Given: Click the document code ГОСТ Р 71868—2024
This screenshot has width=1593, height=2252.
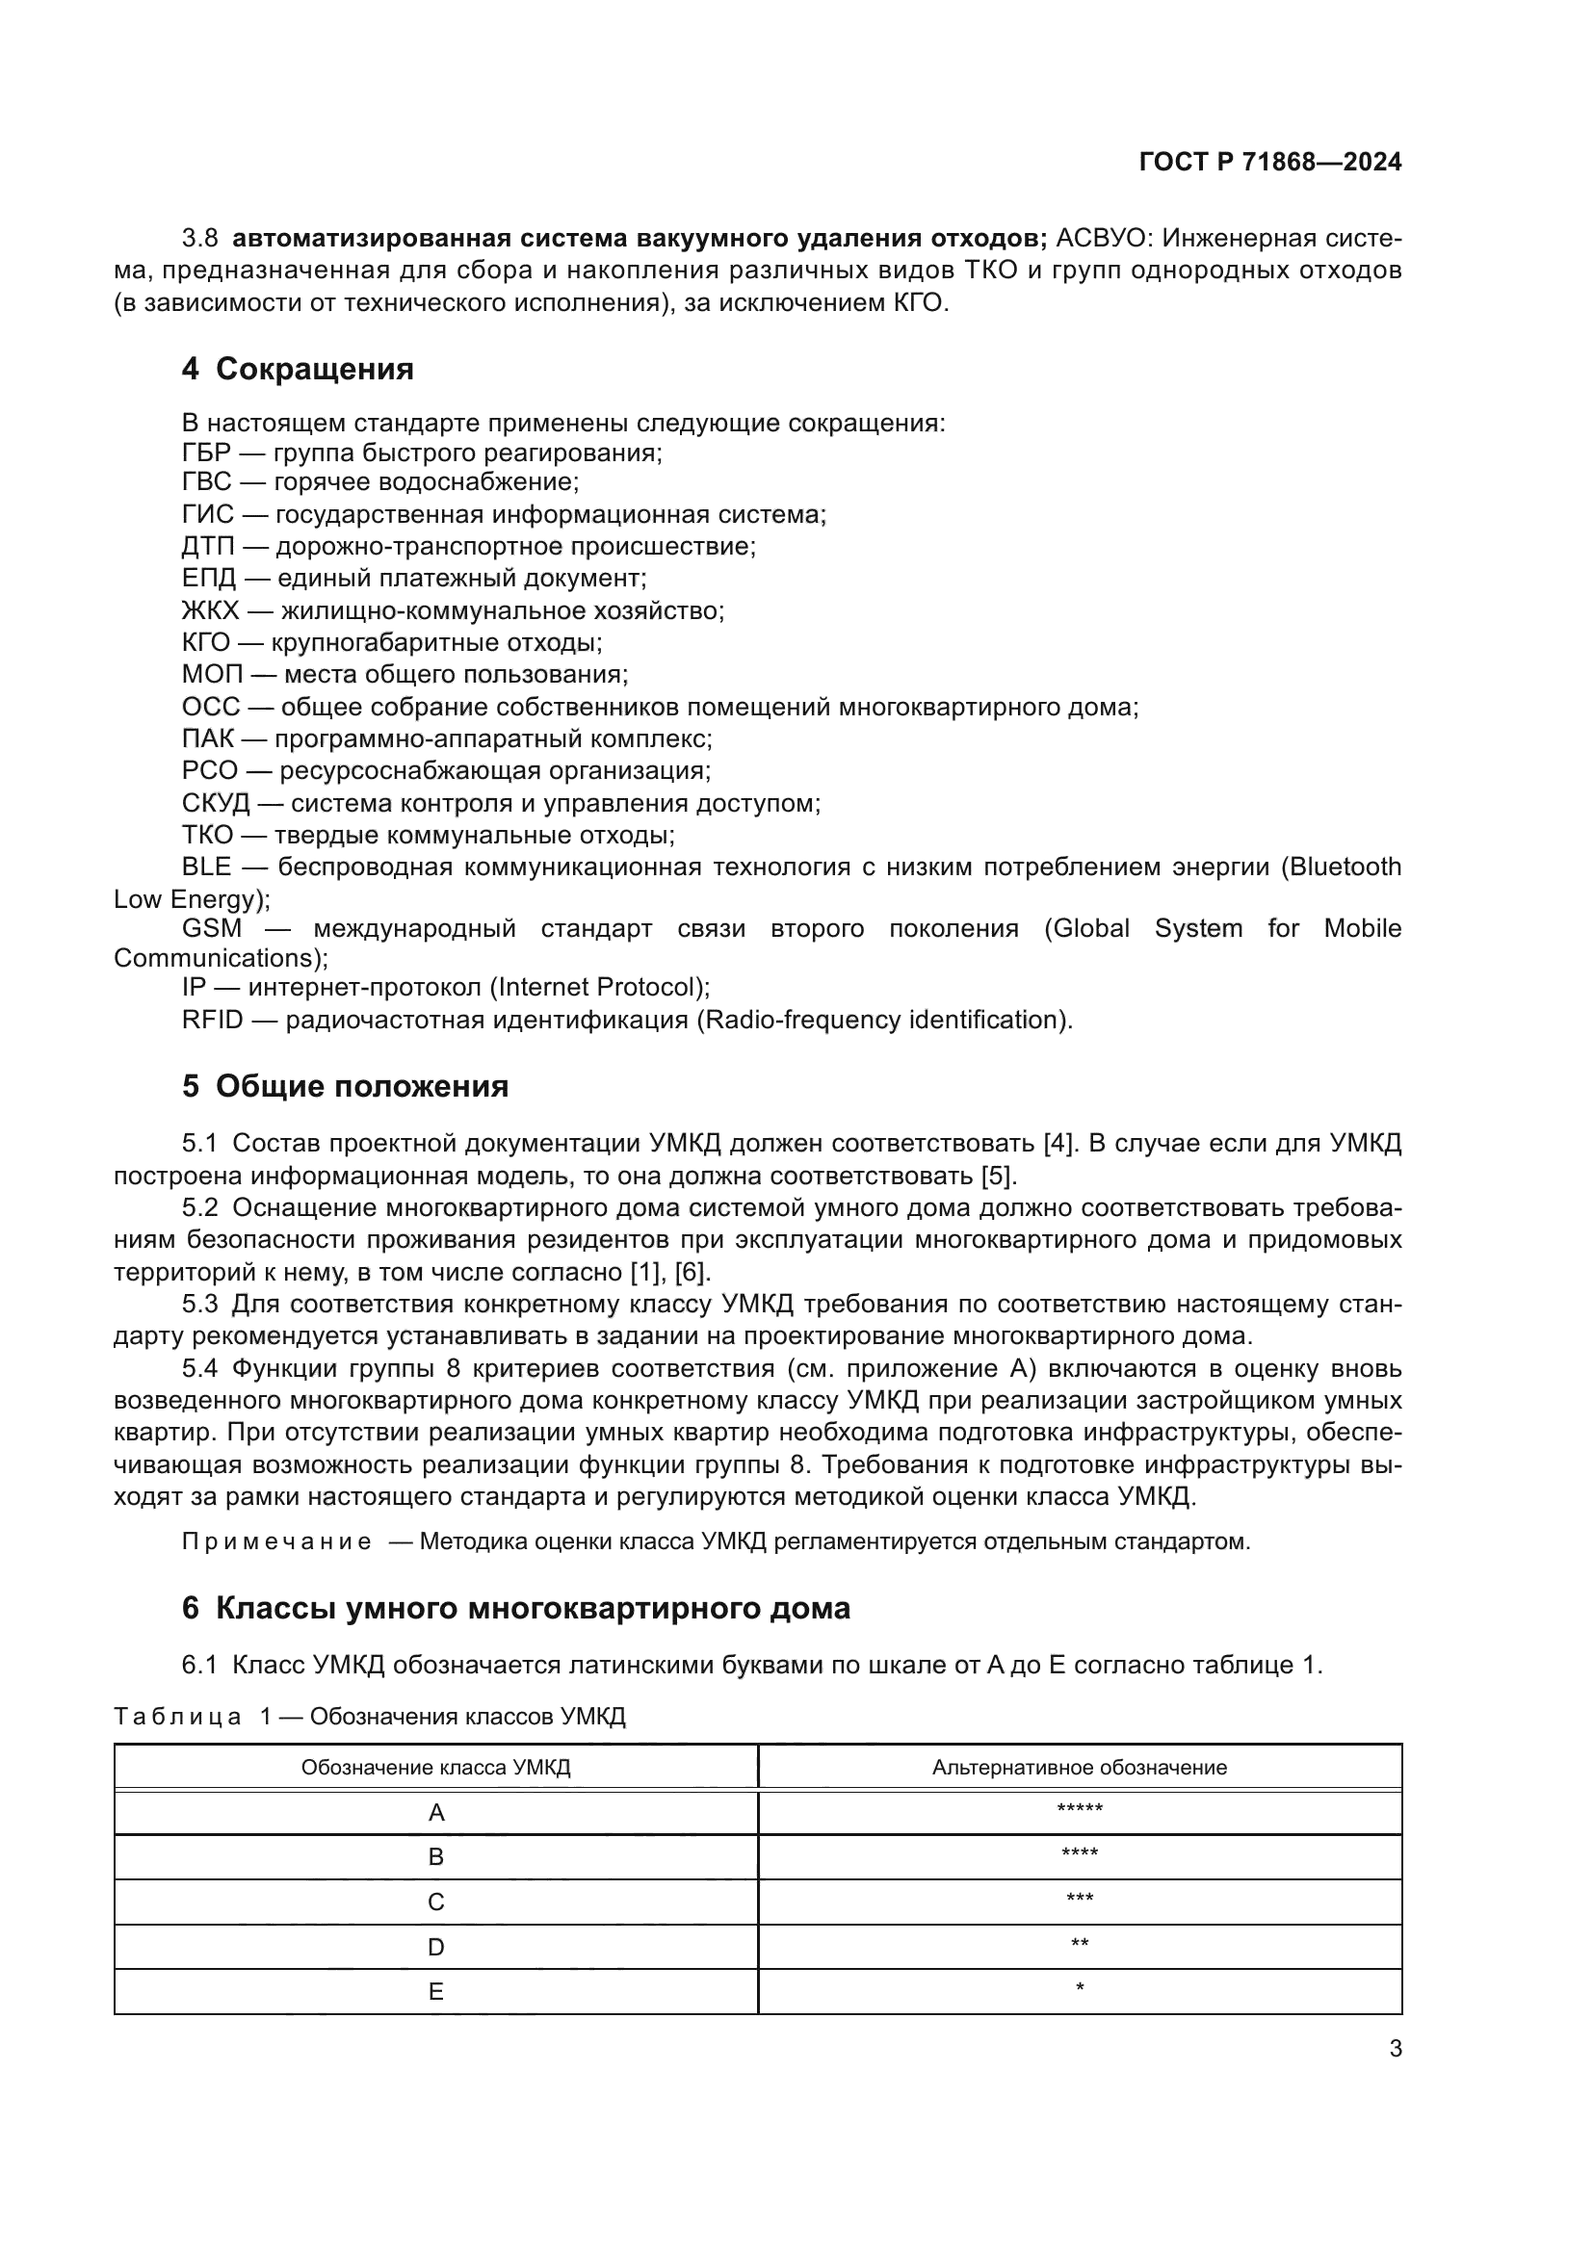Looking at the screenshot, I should (x=1269, y=163).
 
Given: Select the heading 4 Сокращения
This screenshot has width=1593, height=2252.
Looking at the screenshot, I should (x=298, y=370).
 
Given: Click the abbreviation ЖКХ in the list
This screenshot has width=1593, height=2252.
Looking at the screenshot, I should (x=210, y=611).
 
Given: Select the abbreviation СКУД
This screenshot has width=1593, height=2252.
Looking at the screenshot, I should (x=216, y=803).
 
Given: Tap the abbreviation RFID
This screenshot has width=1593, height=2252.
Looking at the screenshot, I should (x=212, y=1020).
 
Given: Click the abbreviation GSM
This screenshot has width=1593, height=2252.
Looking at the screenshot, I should (x=211, y=928).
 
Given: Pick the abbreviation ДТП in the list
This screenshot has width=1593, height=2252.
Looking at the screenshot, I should (x=211, y=546).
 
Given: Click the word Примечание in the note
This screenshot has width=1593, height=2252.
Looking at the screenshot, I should (x=276, y=1541).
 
